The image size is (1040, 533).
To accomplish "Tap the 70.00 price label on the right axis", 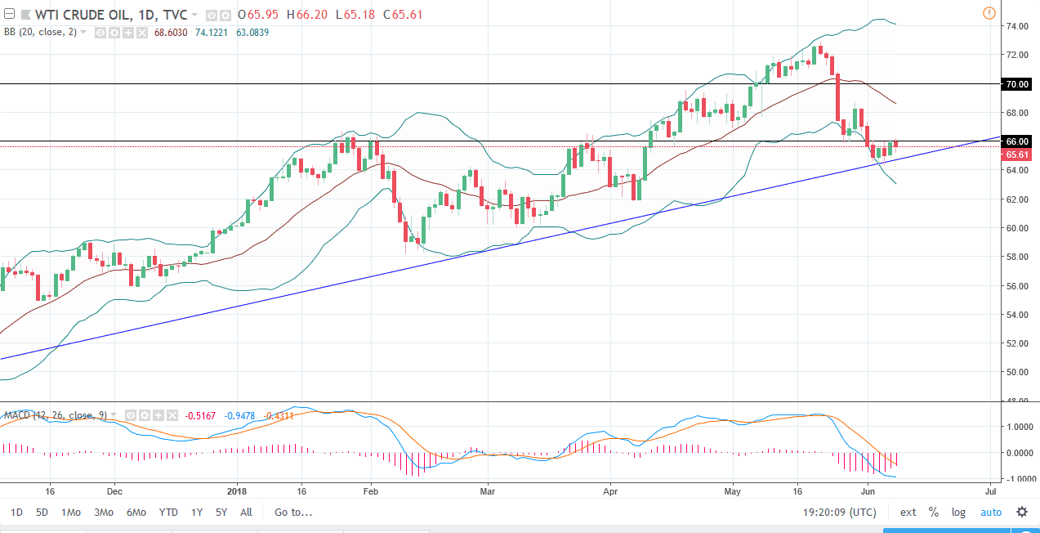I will pos(1017,84).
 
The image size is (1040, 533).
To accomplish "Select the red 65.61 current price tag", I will pos(1017,155).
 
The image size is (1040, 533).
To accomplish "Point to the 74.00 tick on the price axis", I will pos(1016,26).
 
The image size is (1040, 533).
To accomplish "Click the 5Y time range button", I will pos(221,513).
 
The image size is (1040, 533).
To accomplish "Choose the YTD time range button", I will pos(168,513).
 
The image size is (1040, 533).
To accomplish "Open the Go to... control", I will pos(293,513).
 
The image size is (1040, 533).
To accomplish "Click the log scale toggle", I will pos(958,513).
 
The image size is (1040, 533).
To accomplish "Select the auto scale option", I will pos(990,513).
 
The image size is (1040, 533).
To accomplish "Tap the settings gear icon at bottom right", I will pos(1021,513).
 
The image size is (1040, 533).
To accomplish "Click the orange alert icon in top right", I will pos(989,12).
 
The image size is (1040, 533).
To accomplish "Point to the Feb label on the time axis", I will pos(370,492).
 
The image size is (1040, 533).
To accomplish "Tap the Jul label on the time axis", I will pos(990,492).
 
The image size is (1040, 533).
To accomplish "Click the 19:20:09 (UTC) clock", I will pos(838,513).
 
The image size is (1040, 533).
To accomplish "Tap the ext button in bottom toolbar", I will pos(908,513).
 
